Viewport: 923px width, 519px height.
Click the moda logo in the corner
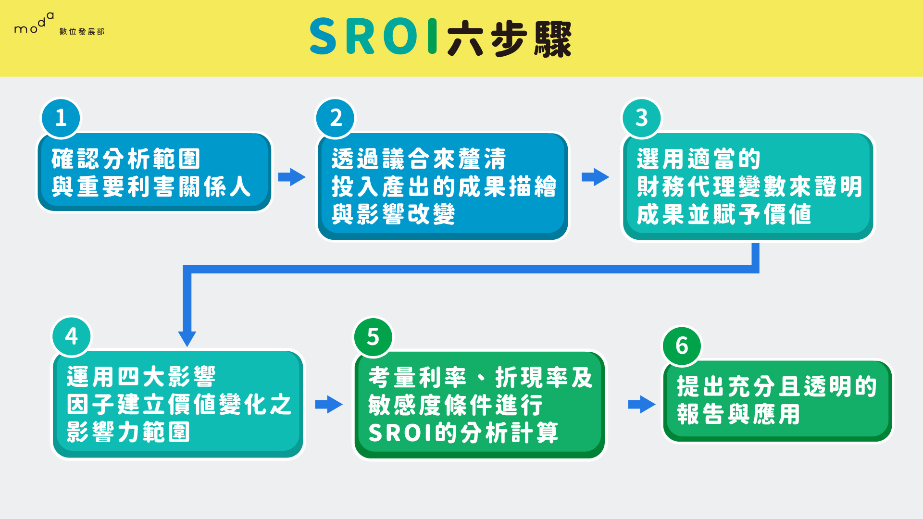click(34, 25)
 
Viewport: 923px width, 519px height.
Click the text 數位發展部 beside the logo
click(82, 32)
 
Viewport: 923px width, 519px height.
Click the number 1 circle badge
click(61, 118)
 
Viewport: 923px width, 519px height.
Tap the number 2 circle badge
click(336, 118)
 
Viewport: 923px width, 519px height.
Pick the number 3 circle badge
click(642, 118)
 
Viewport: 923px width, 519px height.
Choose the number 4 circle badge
click(72, 336)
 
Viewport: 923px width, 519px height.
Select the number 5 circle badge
click(373, 337)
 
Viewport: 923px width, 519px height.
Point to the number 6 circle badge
click(682, 346)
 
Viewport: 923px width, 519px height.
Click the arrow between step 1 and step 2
click(292, 177)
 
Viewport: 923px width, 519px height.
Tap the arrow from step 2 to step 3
click(595, 177)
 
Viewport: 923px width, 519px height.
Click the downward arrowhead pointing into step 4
click(187, 337)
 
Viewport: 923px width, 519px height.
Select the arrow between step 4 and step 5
click(329, 404)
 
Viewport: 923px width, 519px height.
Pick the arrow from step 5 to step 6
click(641, 404)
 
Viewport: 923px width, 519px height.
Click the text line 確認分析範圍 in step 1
click(126, 159)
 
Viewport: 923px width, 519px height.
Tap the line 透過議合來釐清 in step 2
click(419, 159)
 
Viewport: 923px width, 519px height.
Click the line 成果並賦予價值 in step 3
click(724, 214)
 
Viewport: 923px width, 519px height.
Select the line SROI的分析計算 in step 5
click(463, 433)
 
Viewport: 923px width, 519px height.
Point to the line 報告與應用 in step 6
click(738, 414)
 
